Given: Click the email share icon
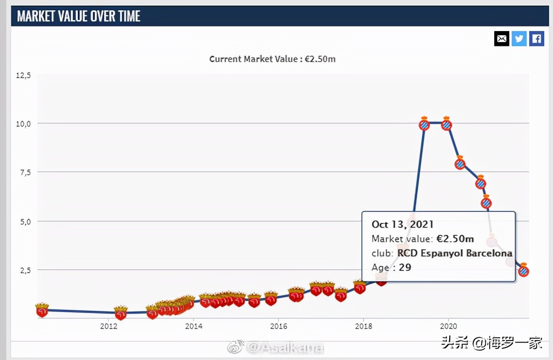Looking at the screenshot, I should (502, 39).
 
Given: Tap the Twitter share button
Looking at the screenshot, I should (519, 39).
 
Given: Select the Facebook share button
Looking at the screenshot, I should (536, 39).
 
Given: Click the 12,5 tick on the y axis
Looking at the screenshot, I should (24, 75).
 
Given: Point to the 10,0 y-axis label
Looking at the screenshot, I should (24, 124).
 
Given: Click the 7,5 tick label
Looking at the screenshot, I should (25, 172).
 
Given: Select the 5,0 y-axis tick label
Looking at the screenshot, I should (25, 221).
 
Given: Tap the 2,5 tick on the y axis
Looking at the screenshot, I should (25, 270).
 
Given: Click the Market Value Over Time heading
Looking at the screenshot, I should (79, 16).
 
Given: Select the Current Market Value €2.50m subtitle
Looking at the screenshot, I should (272, 59).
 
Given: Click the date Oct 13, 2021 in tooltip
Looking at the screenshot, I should (402, 224).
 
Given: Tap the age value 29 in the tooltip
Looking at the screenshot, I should (405, 267).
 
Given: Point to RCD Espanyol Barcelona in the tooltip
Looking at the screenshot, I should (454, 253).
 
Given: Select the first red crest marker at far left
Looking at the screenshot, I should (42, 311).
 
